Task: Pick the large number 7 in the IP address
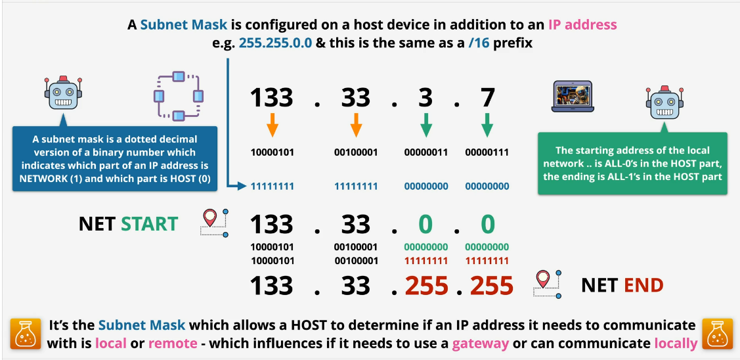[487, 97]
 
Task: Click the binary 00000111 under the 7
[487, 152]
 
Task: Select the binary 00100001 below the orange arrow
[356, 152]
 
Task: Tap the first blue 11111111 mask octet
[272, 187]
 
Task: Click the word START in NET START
[149, 224]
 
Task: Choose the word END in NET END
[643, 285]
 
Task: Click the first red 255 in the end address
[427, 286]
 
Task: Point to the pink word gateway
[481, 342]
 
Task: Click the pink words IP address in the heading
[582, 24]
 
